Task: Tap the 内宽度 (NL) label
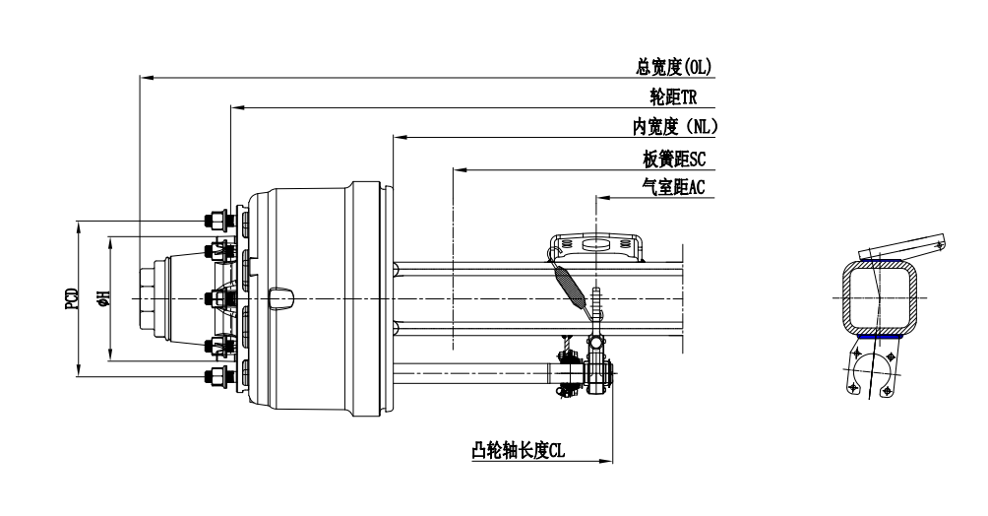675,127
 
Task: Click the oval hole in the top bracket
596,245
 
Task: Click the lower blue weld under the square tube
878,337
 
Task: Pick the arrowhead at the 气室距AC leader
599,197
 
